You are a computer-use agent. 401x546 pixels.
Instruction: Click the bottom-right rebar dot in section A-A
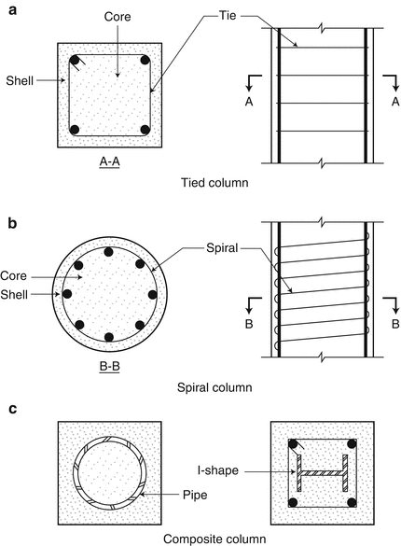pos(145,130)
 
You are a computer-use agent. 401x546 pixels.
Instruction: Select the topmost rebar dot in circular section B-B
pos(109,251)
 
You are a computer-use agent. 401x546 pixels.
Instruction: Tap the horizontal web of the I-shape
pos(322,472)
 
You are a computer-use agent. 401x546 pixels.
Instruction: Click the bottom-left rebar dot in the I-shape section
pos(292,503)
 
